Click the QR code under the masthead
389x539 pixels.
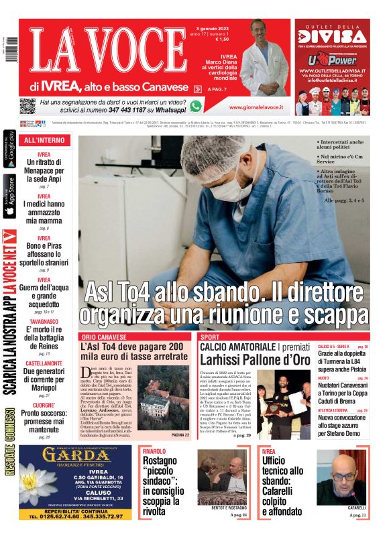click(x=27, y=106)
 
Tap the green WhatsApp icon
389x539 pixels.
click(x=196, y=105)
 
